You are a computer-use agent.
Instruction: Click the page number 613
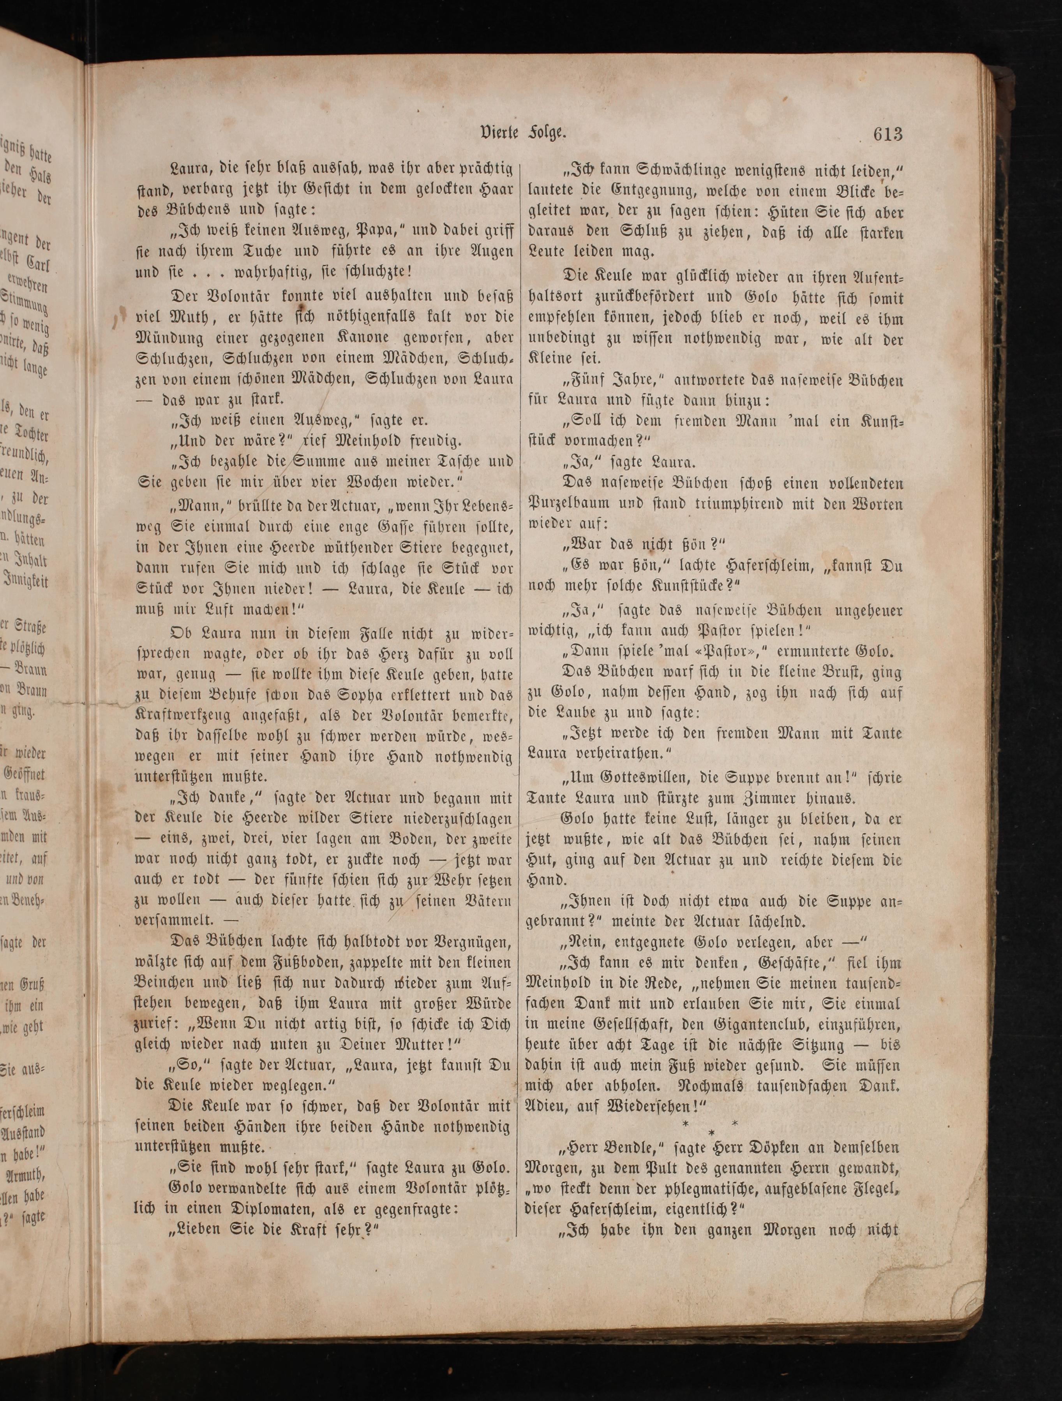(x=887, y=135)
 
